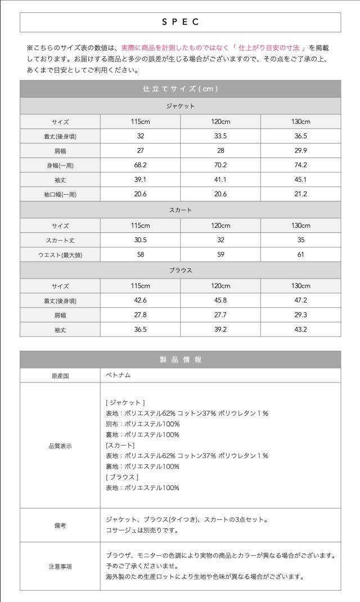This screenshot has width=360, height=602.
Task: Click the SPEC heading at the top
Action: point(180,22)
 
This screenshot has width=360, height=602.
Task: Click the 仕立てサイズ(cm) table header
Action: point(180,89)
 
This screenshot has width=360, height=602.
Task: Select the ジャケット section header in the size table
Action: point(180,106)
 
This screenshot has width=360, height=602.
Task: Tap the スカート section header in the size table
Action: point(180,210)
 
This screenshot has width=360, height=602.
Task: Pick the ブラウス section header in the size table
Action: point(180,270)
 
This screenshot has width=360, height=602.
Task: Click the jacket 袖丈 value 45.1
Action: point(300,180)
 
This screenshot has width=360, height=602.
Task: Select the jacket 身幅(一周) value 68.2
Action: point(141,165)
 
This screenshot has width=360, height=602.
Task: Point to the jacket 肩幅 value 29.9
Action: point(300,151)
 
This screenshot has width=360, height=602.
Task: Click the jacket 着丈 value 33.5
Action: point(220,136)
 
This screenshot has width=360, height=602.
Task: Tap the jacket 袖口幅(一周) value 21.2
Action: point(300,194)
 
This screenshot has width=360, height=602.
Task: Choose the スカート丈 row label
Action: point(60,240)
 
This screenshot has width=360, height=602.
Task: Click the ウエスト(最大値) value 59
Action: point(220,255)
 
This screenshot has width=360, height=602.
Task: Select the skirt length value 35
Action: point(300,240)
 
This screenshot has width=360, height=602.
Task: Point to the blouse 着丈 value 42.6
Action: point(141,300)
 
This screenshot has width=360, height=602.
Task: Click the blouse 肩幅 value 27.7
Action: point(220,315)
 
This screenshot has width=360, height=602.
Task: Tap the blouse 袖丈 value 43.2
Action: point(300,330)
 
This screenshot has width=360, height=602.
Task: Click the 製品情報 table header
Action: point(180,360)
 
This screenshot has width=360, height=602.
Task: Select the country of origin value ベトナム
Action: point(118,375)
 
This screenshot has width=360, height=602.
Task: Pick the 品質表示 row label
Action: point(60,446)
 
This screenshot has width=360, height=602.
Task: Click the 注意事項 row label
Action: point(60,566)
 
